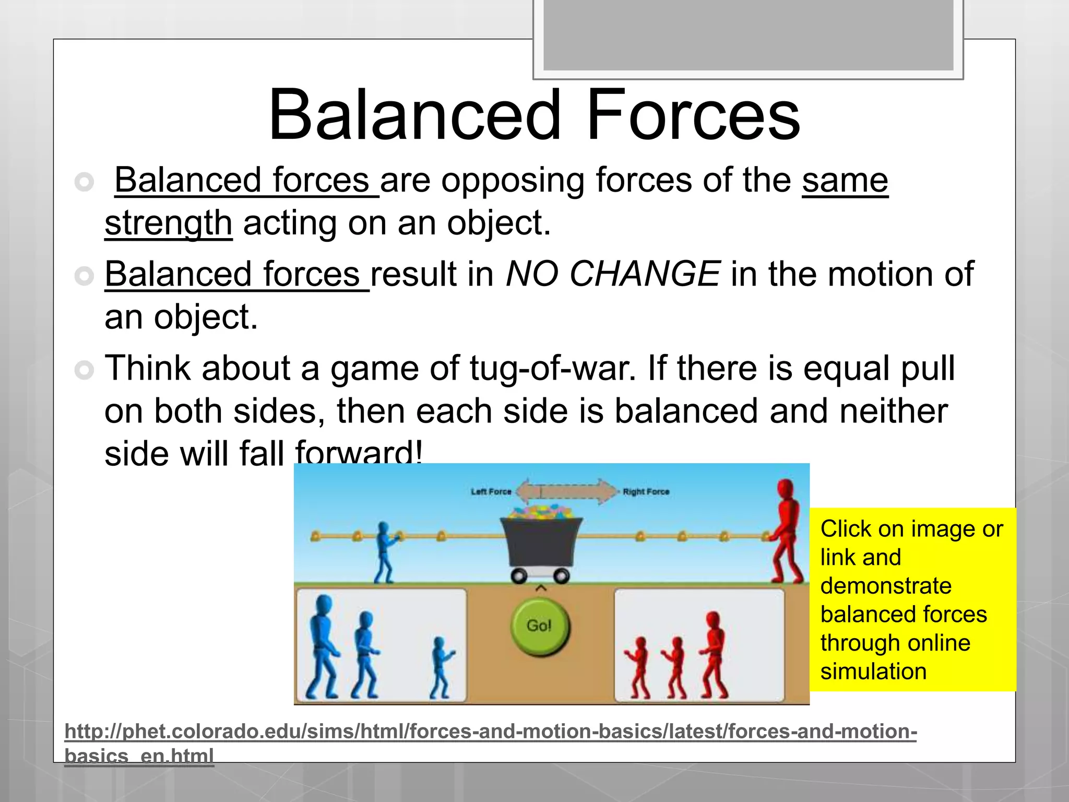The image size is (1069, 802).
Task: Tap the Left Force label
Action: (491, 492)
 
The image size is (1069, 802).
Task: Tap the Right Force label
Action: (646, 492)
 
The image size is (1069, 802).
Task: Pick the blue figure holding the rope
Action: (385, 552)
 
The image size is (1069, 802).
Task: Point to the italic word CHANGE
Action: (645, 274)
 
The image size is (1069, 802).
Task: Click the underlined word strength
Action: (168, 223)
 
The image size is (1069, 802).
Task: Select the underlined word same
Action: (845, 180)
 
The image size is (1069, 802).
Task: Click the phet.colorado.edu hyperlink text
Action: (490, 732)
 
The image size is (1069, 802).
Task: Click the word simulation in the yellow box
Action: (873, 671)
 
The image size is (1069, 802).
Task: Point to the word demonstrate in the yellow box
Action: (885, 586)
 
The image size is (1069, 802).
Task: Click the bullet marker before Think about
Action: (84, 370)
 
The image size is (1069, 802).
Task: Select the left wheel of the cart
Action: (519, 576)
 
